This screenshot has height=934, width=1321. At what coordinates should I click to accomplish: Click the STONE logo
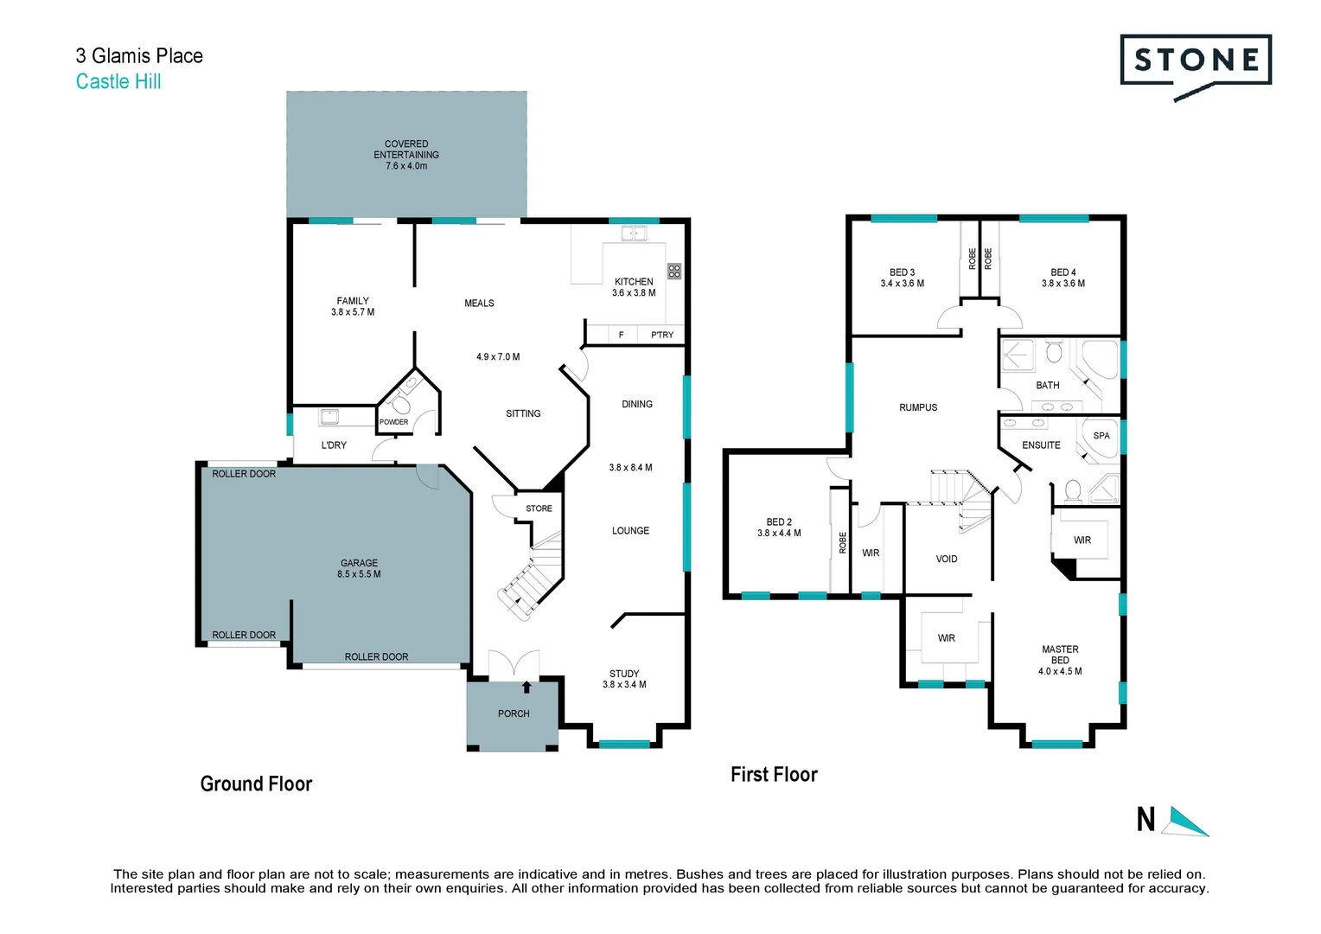click(x=1196, y=61)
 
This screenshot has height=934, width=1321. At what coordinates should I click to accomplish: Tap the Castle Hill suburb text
click(x=118, y=81)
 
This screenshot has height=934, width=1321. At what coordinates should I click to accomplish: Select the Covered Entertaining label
click(x=406, y=155)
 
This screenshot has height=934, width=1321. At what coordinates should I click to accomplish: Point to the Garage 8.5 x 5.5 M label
click(x=359, y=568)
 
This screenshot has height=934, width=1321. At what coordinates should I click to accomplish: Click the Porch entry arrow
click(x=527, y=688)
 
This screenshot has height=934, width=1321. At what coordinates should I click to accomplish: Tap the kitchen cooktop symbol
click(x=674, y=271)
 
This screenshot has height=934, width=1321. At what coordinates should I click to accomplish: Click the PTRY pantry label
click(x=662, y=335)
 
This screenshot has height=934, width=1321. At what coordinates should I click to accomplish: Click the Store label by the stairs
click(x=539, y=509)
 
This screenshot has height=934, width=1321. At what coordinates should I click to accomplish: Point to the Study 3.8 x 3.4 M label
click(x=624, y=679)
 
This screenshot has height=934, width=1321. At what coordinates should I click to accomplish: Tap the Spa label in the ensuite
click(x=1101, y=436)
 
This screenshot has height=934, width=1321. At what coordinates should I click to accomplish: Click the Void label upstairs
click(x=947, y=560)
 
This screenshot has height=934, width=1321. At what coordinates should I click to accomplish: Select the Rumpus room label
click(x=918, y=407)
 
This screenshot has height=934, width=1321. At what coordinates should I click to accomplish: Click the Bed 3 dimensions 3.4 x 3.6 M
click(x=902, y=284)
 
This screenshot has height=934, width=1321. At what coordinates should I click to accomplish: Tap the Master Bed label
click(x=1060, y=655)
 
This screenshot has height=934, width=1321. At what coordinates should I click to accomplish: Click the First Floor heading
click(x=774, y=775)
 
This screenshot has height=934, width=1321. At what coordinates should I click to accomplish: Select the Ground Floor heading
click(x=256, y=784)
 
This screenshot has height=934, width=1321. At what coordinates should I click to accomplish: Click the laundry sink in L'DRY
click(x=329, y=417)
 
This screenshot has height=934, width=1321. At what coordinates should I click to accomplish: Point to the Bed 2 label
click(x=779, y=522)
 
